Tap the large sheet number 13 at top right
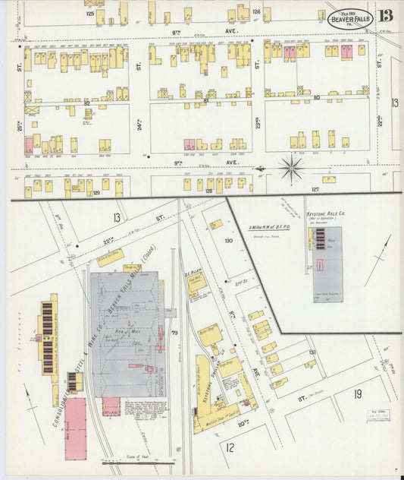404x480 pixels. coord(387,15)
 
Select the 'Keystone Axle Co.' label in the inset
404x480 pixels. coord(327,216)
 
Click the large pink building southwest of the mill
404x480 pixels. coord(76,428)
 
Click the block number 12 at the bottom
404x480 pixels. coord(229,447)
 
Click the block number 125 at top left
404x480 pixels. coord(90,14)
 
